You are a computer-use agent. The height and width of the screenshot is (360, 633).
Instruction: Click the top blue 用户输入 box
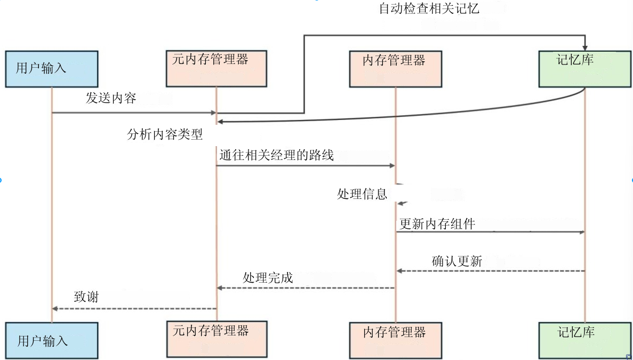click(52, 69)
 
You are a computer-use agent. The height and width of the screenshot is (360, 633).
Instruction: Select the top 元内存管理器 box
click(216, 69)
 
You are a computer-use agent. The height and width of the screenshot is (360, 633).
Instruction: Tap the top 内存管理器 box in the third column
click(395, 69)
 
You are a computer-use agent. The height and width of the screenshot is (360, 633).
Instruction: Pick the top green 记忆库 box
click(585, 69)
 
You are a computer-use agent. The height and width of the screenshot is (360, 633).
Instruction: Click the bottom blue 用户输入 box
click(52, 340)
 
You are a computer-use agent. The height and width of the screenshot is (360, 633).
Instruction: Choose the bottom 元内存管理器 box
click(216, 339)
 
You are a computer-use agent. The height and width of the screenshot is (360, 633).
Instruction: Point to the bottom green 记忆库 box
click(585, 340)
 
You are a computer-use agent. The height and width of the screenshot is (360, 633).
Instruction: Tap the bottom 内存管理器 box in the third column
click(395, 340)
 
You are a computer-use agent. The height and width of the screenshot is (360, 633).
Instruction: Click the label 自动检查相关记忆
click(429, 9)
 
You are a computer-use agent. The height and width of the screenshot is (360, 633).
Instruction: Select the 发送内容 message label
click(111, 98)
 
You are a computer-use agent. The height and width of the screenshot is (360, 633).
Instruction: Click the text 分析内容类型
click(165, 134)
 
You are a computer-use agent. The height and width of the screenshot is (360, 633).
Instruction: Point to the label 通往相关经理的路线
click(276, 156)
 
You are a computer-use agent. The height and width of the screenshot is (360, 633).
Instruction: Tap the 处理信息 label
click(362, 194)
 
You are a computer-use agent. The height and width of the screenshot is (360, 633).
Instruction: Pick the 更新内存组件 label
click(437, 224)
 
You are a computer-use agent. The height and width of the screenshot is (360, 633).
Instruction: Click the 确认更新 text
click(457, 261)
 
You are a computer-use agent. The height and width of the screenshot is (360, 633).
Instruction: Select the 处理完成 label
click(268, 278)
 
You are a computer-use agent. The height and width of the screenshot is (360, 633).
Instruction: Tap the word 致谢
click(86, 297)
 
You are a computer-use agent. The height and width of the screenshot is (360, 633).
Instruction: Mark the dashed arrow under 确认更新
click(491, 271)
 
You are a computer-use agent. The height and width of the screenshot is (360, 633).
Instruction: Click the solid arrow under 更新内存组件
click(491, 232)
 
